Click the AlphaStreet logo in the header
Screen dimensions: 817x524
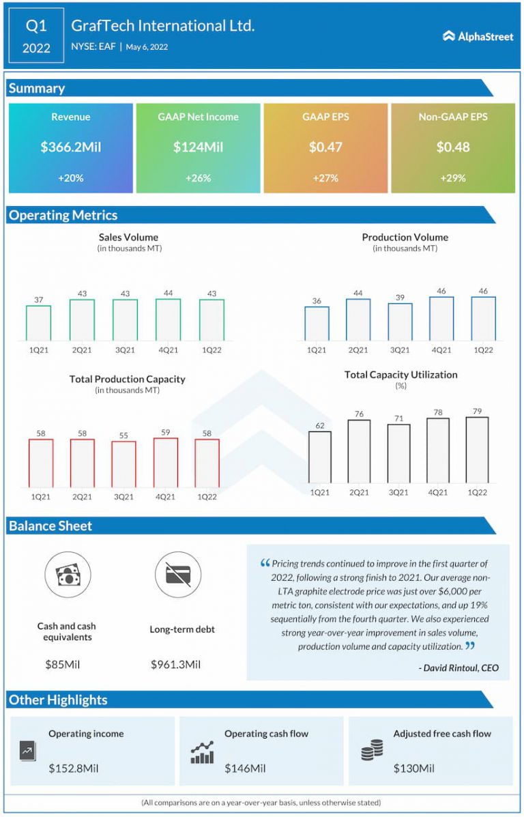coord(478,36)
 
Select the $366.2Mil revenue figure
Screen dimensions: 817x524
coord(71,147)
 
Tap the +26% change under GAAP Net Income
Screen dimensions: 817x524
coord(198,177)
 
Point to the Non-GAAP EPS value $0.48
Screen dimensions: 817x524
coord(452,147)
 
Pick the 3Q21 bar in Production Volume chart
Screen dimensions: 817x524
coord(400,321)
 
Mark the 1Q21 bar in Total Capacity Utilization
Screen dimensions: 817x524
coord(319,457)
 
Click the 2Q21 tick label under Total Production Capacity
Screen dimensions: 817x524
coord(82,496)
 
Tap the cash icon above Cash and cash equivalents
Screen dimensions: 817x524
coord(67,575)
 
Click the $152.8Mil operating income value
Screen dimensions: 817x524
coord(74,768)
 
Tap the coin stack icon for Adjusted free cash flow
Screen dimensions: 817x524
coord(371,752)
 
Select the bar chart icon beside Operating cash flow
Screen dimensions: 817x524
coord(202,752)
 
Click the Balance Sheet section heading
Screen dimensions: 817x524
coord(50,526)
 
